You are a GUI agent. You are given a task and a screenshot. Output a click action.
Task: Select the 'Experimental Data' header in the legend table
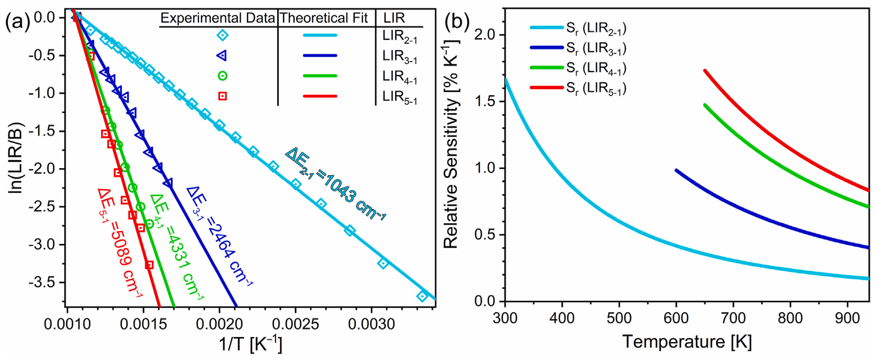point(218,18)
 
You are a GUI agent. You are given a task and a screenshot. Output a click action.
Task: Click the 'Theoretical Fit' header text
point(324,18)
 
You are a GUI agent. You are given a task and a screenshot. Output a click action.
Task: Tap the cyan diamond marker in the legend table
point(223,35)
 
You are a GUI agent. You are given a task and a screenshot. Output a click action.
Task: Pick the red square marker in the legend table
point(223,96)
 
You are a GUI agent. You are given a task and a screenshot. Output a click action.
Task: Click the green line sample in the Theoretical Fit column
point(320,76)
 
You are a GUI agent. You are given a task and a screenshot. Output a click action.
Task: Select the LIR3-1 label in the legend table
point(400,56)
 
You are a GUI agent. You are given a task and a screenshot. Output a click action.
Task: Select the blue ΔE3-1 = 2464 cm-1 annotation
point(219,236)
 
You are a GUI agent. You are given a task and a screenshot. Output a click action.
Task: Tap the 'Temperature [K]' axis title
point(687,341)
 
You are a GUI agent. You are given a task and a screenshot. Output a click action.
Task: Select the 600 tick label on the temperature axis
point(676,318)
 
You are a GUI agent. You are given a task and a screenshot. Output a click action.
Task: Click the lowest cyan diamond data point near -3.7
point(422,296)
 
